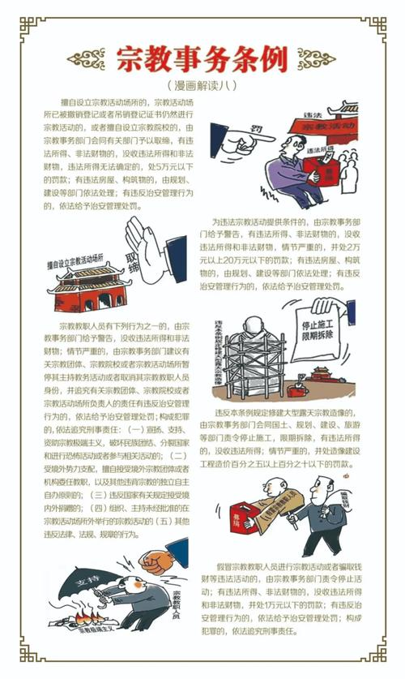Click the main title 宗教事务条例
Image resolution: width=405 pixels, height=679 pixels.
tap(202, 58)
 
